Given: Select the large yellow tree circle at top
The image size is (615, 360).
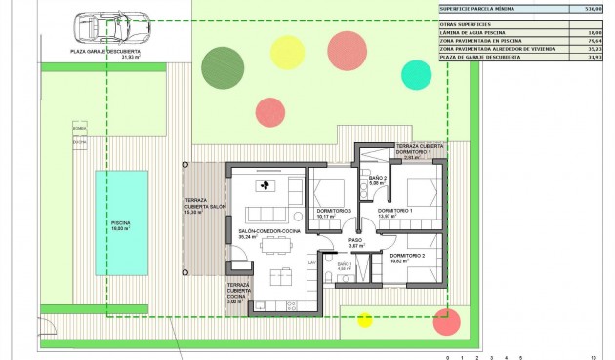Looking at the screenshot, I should [x=287, y=51].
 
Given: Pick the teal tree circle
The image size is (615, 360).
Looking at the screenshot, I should [x=416, y=73].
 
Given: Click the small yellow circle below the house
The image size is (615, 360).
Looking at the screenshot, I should [x=365, y=319].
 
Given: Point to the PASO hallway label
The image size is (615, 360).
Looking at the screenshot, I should [x=356, y=239].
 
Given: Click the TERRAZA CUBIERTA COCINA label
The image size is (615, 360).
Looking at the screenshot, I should [x=238, y=292].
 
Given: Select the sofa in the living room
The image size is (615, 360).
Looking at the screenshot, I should [x=266, y=214].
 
